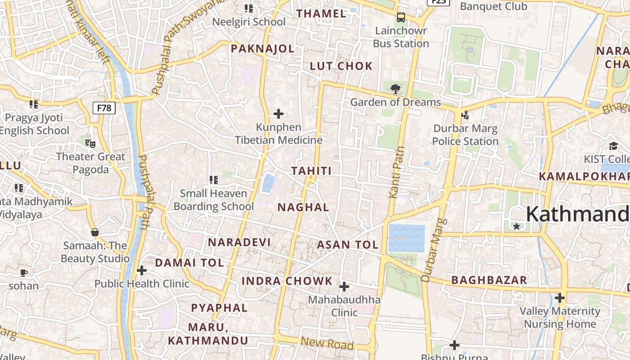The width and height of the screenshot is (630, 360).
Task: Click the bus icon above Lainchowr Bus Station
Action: click(x=400, y=18)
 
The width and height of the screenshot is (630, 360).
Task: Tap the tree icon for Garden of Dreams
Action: click(x=396, y=89)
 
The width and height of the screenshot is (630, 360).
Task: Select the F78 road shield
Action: click(x=104, y=108)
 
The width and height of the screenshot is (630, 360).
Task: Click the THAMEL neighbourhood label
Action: click(x=322, y=13)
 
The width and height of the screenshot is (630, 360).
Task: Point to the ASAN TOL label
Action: click(x=348, y=245)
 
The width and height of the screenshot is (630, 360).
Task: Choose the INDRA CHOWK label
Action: click(x=287, y=281)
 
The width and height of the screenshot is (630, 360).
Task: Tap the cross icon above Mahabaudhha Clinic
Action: click(x=344, y=286)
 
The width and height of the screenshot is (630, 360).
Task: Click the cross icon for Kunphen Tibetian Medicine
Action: click(x=279, y=113)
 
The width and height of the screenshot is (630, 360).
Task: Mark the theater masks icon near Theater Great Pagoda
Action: click(x=90, y=144)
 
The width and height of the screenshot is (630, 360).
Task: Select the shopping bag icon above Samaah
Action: click(x=95, y=232)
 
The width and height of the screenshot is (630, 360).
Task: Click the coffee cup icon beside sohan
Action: click(x=24, y=273)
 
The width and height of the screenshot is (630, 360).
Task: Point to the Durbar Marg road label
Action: click(x=434, y=250)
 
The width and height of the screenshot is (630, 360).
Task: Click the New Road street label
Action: click(x=327, y=343)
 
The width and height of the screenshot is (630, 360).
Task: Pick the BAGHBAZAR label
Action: click(x=489, y=280)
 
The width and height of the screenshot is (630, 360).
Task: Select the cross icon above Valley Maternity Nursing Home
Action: click(x=560, y=298)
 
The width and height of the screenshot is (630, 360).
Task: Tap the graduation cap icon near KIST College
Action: click(x=613, y=146)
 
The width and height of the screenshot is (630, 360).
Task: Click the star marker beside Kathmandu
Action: click(x=517, y=226)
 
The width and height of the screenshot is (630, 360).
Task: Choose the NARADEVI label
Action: click(x=239, y=242)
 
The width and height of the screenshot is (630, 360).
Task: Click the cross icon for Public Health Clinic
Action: click(x=142, y=270)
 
